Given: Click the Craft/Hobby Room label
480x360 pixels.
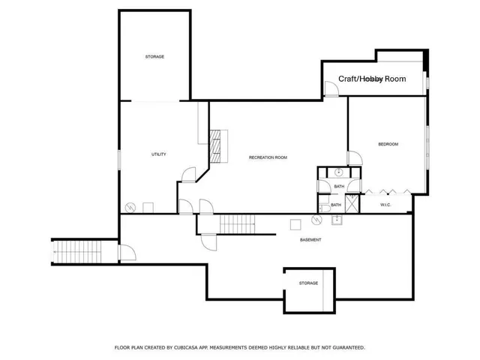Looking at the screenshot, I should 372,79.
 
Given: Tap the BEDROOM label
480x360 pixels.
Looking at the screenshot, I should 388,144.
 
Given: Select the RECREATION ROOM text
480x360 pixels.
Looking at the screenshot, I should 268,157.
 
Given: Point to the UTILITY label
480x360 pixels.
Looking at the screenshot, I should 158,154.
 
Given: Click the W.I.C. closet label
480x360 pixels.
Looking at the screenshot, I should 386,205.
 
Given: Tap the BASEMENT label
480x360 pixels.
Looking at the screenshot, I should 310,240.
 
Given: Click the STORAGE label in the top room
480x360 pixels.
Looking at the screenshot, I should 154,57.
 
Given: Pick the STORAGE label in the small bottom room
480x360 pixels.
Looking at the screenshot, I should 308,283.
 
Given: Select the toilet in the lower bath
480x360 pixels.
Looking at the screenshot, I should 322,204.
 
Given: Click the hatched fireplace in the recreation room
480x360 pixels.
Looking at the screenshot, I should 217,145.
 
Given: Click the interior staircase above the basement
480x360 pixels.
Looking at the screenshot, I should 237,223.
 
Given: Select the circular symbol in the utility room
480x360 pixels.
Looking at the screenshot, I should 130,207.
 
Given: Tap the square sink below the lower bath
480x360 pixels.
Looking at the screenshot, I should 337,220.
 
